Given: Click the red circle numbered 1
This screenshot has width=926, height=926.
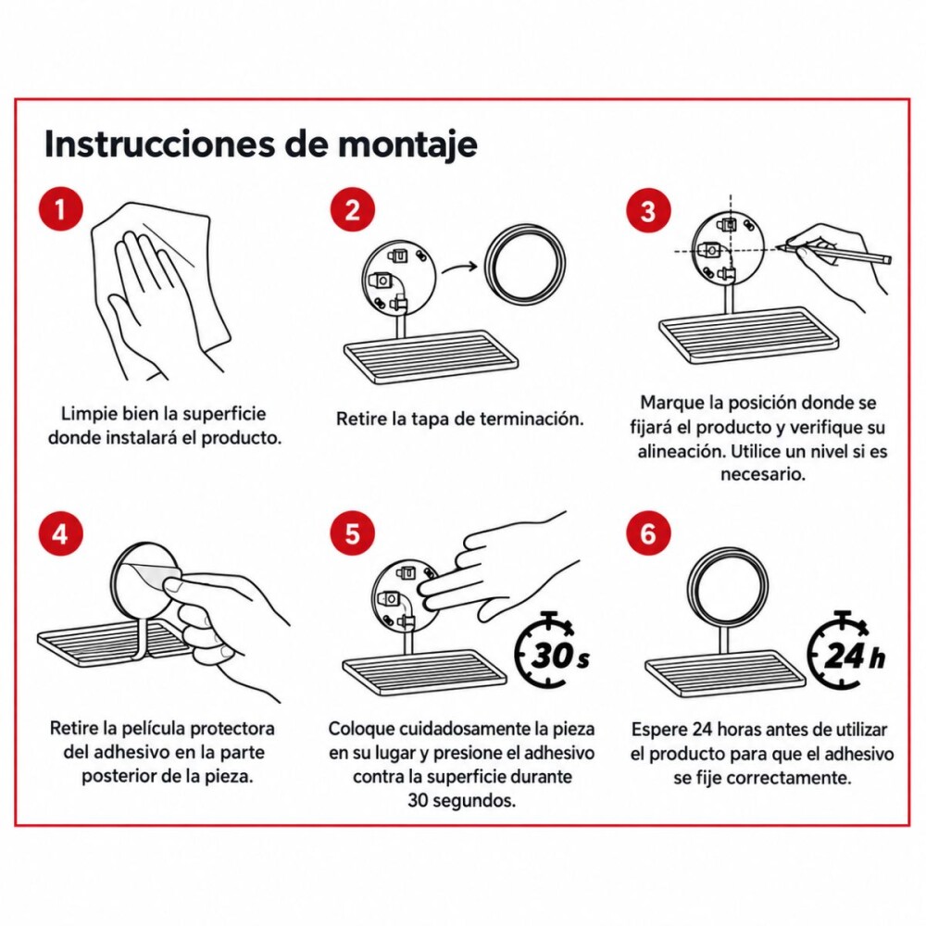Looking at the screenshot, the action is click(60, 208).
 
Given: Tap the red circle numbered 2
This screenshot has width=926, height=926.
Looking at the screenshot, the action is click(352, 209).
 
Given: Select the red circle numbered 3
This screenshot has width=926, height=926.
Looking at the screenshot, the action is click(648, 211).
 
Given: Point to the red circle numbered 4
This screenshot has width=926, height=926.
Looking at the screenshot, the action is click(60, 533).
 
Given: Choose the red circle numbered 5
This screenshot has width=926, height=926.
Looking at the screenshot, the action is click(352, 533).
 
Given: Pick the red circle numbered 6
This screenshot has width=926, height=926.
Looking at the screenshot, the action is click(648, 533).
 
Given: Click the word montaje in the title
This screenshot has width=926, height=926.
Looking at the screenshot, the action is click(407, 145).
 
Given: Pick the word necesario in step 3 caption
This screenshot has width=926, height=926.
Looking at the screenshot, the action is click(762, 474).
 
